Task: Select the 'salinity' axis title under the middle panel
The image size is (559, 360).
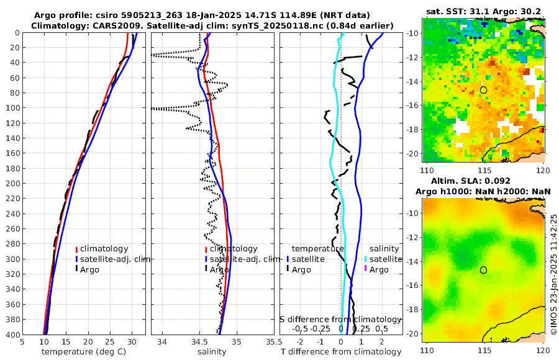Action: [212, 352]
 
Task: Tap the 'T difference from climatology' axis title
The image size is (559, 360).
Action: [341, 352]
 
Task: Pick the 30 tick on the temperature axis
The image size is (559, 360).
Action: [132, 341]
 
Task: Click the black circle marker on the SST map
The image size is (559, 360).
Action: [483, 90]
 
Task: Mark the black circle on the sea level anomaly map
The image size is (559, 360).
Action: [483, 270]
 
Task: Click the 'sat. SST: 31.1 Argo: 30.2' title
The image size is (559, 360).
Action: [483, 12]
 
